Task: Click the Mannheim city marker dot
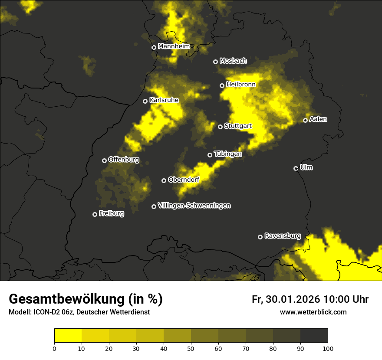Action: point(154,48)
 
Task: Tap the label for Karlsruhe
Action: point(164,100)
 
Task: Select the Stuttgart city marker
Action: point(221,127)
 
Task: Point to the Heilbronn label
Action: point(241,85)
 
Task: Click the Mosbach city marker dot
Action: point(215,62)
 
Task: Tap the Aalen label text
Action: point(318,119)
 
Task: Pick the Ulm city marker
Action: point(296,168)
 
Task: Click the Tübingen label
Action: point(228,154)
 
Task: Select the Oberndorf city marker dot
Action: point(164,180)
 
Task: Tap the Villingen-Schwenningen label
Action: point(194,206)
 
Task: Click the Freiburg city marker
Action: point(95,214)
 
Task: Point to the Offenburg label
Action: point(124,160)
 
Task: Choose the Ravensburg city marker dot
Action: point(260,237)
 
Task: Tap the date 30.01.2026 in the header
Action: point(292,299)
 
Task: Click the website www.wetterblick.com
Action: point(313,312)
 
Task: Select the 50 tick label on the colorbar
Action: point(191,348)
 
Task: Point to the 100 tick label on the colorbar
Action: point(328,348)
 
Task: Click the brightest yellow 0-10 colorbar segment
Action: point(68,336)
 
